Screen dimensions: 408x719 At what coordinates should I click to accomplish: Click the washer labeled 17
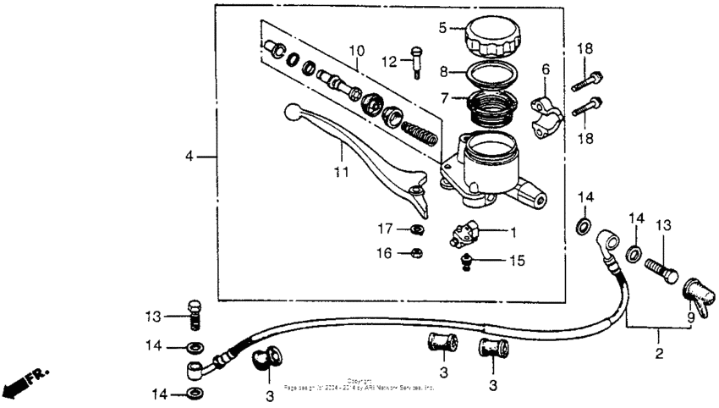[x=416, y=229]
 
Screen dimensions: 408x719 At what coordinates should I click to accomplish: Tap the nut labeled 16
[x=415, y=251]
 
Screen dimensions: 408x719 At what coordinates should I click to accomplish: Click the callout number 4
[x=189, y=157]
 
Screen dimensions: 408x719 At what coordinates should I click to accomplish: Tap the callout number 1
[x=512, y=230]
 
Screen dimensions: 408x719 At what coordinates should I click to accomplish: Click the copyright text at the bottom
[x=359, y=384]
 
